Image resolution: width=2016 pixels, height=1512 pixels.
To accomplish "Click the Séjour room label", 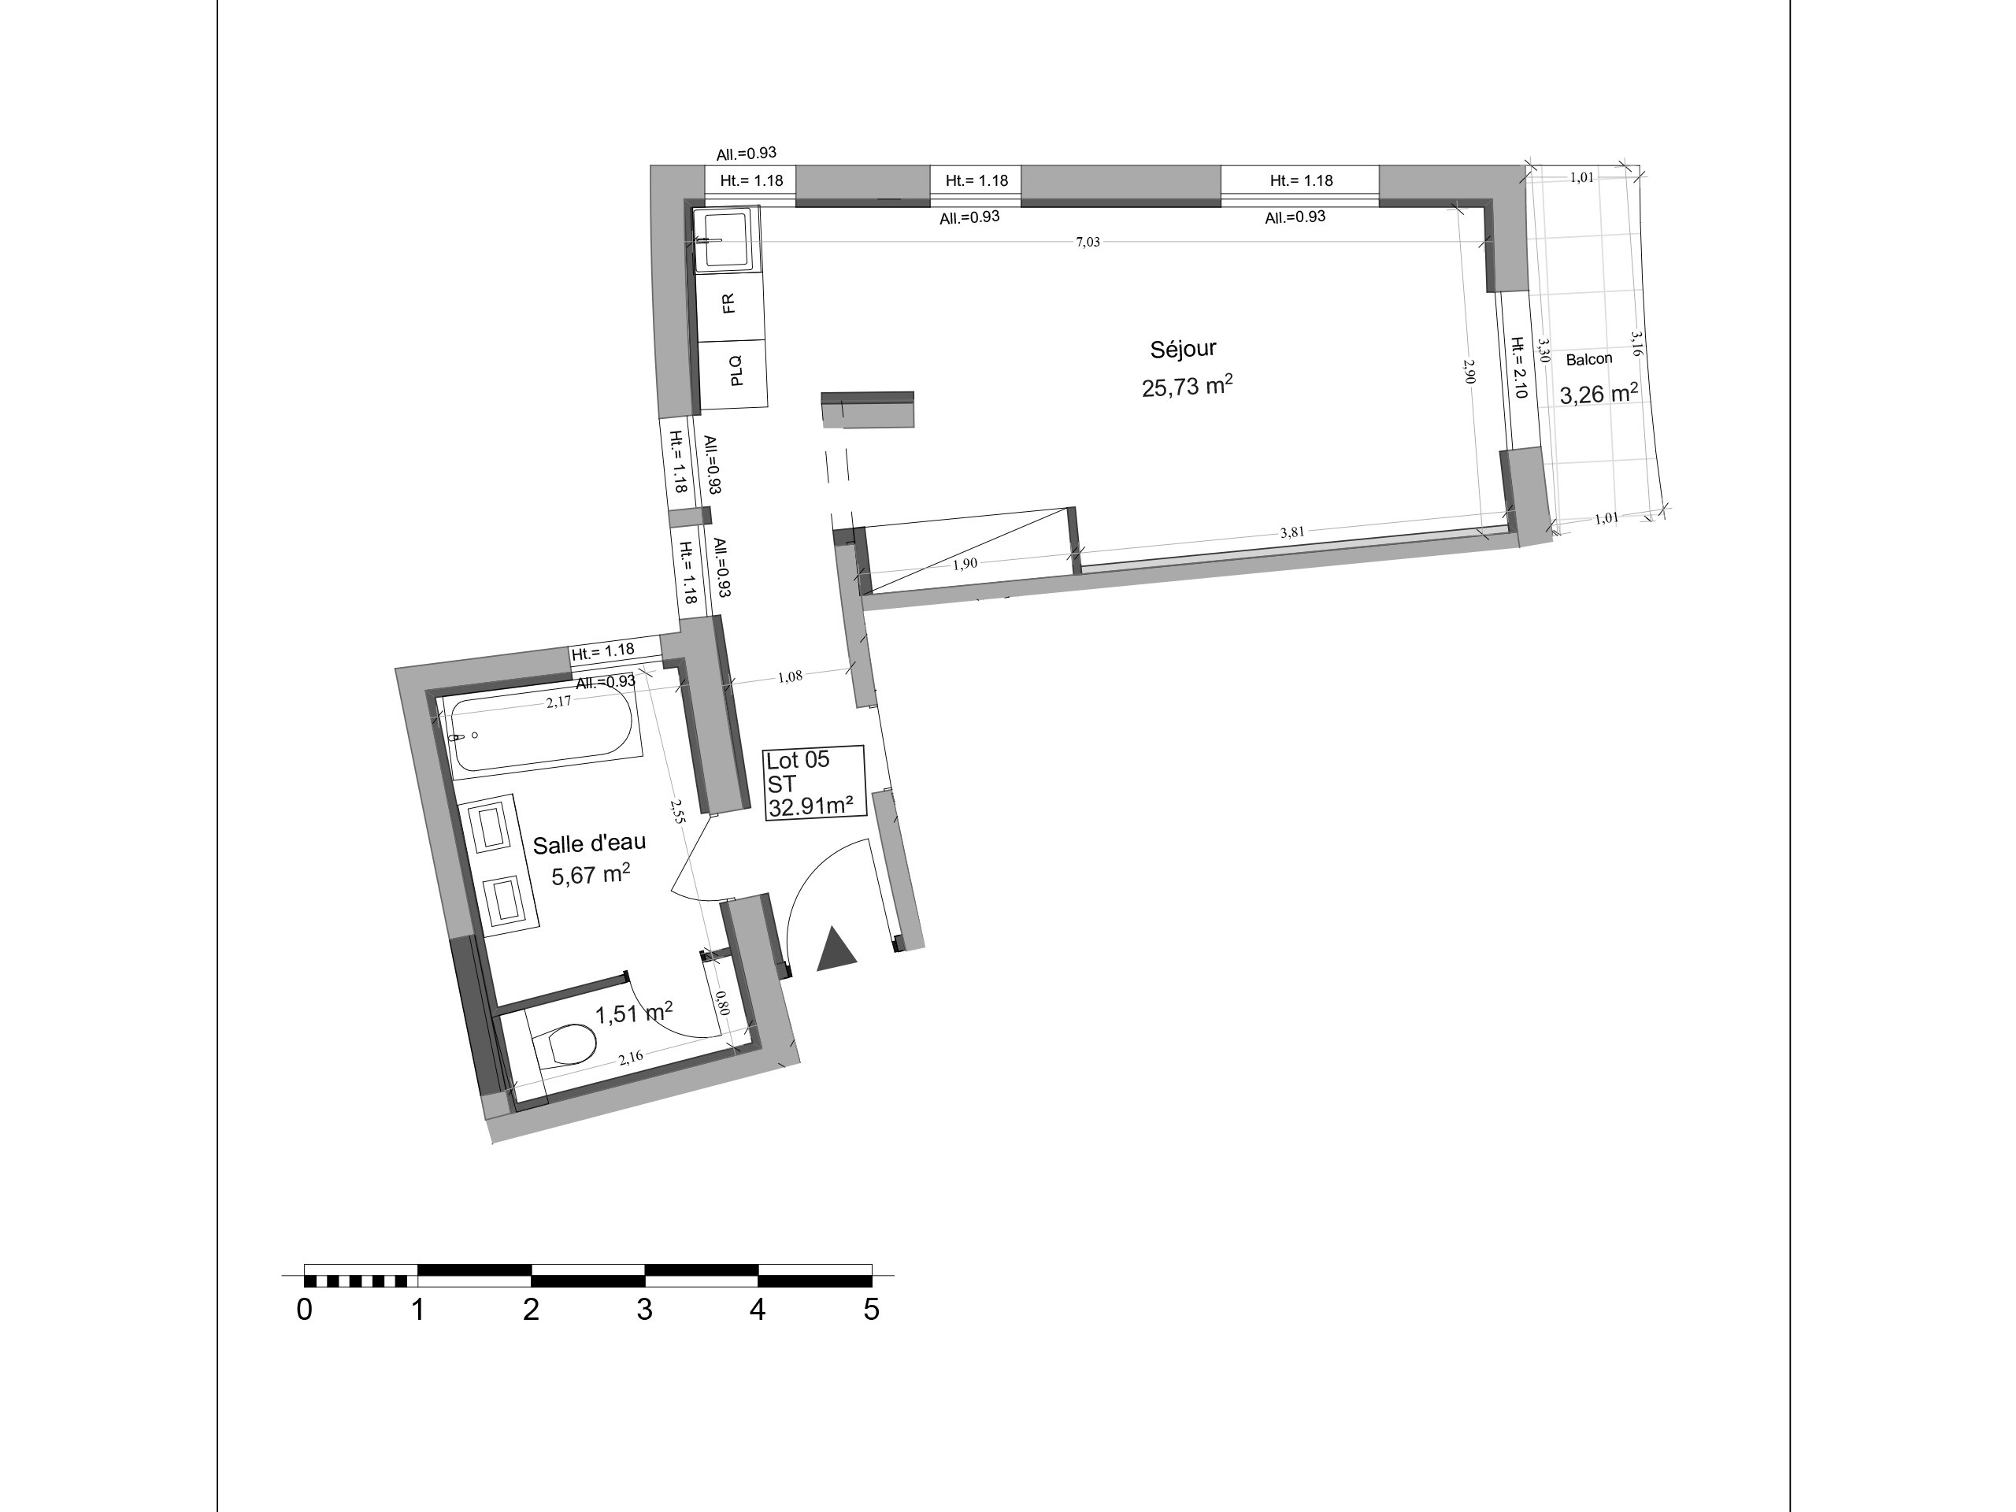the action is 1183,349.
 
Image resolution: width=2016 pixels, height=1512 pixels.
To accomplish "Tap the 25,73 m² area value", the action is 1188,386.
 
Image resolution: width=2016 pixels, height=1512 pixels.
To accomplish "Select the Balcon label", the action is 1588,359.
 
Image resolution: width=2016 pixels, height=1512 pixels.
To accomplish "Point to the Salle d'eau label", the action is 589,844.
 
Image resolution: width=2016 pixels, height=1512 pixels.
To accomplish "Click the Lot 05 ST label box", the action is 813,783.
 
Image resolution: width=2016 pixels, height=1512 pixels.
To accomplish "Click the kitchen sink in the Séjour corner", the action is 725,239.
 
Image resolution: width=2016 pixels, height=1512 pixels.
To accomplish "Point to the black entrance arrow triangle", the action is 836,949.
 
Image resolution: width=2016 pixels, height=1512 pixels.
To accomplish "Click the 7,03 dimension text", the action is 1088,242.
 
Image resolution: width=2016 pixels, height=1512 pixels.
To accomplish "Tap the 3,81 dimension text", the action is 1292,532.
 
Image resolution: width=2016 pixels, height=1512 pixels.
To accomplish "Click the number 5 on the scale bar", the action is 871,1310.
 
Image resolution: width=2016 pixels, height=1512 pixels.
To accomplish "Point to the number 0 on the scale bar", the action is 305,1310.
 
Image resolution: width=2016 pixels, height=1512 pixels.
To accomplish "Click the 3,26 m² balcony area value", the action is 1599,394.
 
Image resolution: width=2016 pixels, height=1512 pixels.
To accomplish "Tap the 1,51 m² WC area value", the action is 634,1013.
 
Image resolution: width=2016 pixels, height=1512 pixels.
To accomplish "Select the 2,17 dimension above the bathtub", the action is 558,701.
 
